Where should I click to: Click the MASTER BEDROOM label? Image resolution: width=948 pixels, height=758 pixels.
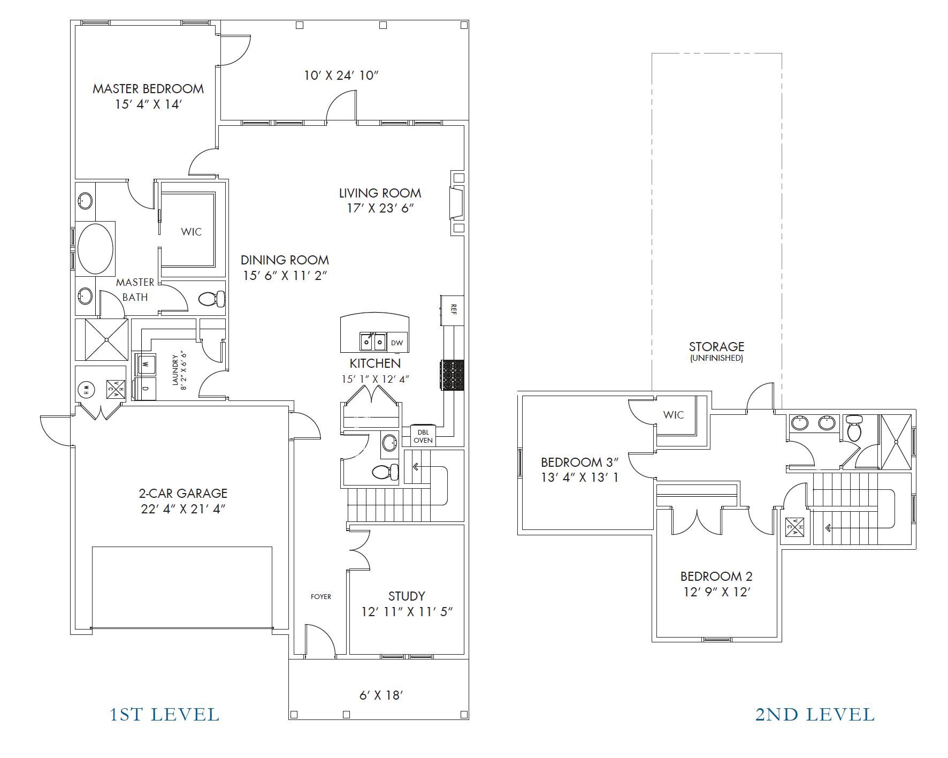[x=148, y=89]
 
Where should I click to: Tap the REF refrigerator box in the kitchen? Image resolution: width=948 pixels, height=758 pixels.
[x=452, y=310]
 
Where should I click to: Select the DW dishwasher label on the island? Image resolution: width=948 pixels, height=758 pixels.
[x=397, y=343]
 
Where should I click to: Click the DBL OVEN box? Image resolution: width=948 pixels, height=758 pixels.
[x=423, y=436]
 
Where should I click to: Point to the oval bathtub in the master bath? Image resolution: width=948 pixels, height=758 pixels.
[x=95, y=249]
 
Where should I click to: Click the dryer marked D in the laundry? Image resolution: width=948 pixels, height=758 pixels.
[x=144, y=389]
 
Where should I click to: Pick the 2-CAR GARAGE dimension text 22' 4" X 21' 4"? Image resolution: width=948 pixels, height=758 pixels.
[x=184, y=509]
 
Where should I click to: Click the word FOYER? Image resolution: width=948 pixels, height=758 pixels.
[x=321, y=596]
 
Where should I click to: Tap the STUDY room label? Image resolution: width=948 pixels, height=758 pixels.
[x=407, y=596]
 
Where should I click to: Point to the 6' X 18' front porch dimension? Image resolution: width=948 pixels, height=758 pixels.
[x=380, y=695]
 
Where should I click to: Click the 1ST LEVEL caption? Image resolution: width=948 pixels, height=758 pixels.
[x=165, y=715]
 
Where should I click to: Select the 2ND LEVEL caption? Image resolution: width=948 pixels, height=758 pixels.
[x=815, y=715]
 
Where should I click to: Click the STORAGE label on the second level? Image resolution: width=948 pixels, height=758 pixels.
[x=716, y=347]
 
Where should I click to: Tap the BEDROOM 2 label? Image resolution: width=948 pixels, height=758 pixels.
[x=716, y=577]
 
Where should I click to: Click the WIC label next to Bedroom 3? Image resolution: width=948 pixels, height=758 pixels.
[x=674, y=415]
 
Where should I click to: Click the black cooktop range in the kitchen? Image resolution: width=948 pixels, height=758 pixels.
[x=452, y=375]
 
